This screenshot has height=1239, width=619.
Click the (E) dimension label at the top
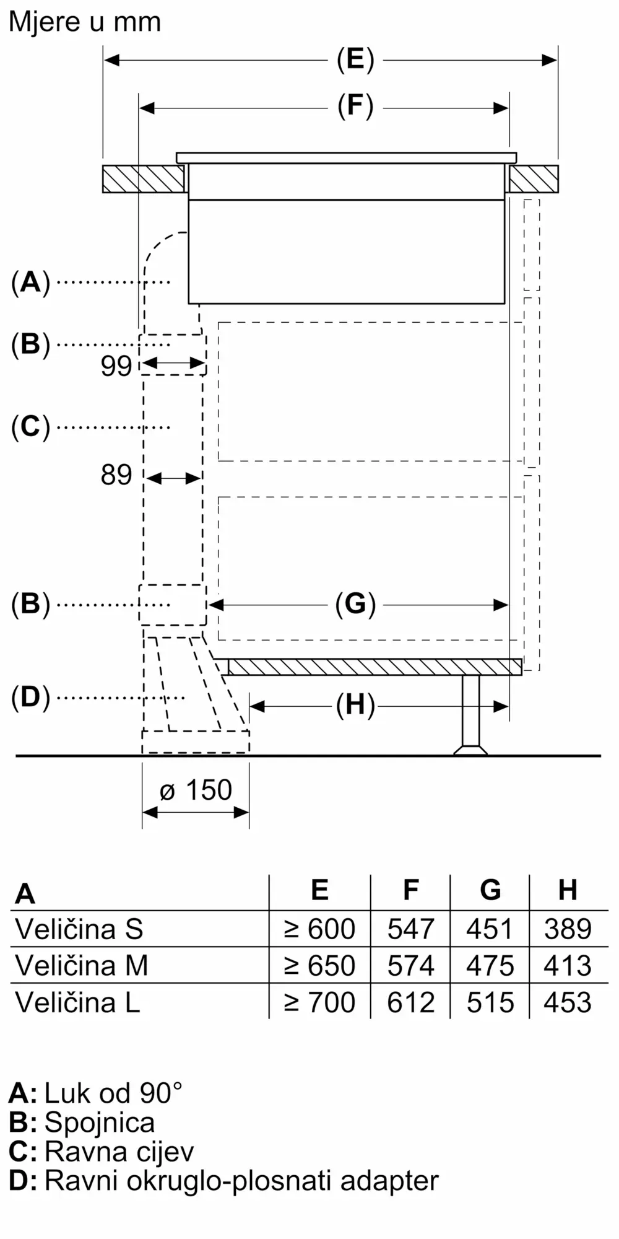[x=355, y=60]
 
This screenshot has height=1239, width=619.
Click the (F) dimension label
[x=355, y=106]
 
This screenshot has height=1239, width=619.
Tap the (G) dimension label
[x=355, y=604]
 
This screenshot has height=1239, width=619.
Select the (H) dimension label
[x=355, y=705]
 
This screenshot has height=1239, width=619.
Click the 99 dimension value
[x=116, y=366]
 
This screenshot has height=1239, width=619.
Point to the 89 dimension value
[x=116, y=475]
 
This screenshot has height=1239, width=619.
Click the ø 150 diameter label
[x=196, y=790]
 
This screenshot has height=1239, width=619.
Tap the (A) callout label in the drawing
[x=30, y=282]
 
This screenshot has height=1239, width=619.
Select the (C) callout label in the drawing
[x=30, y=427]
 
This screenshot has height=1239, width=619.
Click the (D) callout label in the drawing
[x=30, y=698]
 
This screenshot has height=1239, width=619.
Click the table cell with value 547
[x=410, y=929]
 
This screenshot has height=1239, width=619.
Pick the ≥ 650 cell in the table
[x=319, y=966]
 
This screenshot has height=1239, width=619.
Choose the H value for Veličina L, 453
[x=568, y=1002]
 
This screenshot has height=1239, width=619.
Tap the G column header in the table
[x=490, y=890]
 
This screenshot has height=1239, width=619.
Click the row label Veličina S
[x=79, y=929]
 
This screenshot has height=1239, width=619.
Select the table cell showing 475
[x=490, y=966]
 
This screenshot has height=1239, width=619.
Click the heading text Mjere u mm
[x=85, y=22]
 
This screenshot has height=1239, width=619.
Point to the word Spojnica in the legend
[x=100, y=1122]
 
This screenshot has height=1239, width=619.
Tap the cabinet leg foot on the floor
[x=470, y=750]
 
